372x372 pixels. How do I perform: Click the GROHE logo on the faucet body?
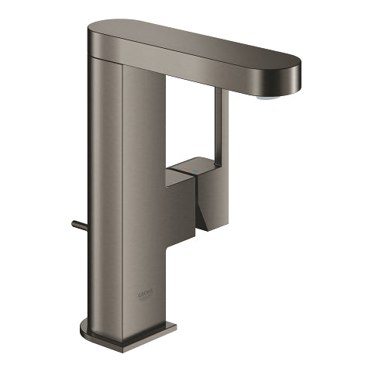(x=148, y=295)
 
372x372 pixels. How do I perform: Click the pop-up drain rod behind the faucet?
(x=77, y=226)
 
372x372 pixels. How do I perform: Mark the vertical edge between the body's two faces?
(x=122, y=194)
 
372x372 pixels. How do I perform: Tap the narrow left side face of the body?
(x=105, y=194)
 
